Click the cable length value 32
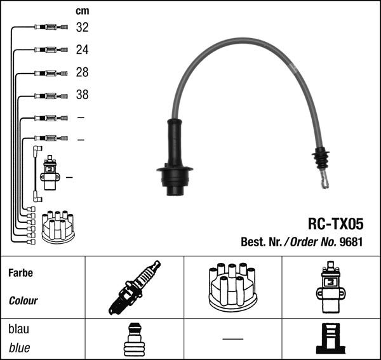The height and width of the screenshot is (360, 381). (82, 27)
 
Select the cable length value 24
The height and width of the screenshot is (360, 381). (82, 50)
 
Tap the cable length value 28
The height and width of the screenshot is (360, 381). (82, 72)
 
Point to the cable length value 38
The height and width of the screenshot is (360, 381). (82, 95)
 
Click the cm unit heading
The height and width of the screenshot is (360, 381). (83, 11)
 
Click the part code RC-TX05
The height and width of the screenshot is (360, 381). (336, 223)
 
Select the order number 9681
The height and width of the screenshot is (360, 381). (351, 242)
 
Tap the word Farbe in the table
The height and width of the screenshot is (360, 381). (21, 273)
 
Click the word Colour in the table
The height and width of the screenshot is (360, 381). (23, 301)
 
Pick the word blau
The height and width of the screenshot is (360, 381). (18, 329)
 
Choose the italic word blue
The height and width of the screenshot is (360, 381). (19, 347)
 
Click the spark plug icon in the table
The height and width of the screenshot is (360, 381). (135, 288)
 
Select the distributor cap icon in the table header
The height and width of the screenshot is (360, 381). (232, 288)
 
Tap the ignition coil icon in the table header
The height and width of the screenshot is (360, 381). (331, 287)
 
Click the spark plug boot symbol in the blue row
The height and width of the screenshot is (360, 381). (135, 339)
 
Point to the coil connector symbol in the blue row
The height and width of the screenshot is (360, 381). (331, 338)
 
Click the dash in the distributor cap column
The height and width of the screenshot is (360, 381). (232, 338)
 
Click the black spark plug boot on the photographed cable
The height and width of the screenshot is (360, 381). (175, 157)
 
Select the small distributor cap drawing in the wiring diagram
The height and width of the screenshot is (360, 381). (58, 227)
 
